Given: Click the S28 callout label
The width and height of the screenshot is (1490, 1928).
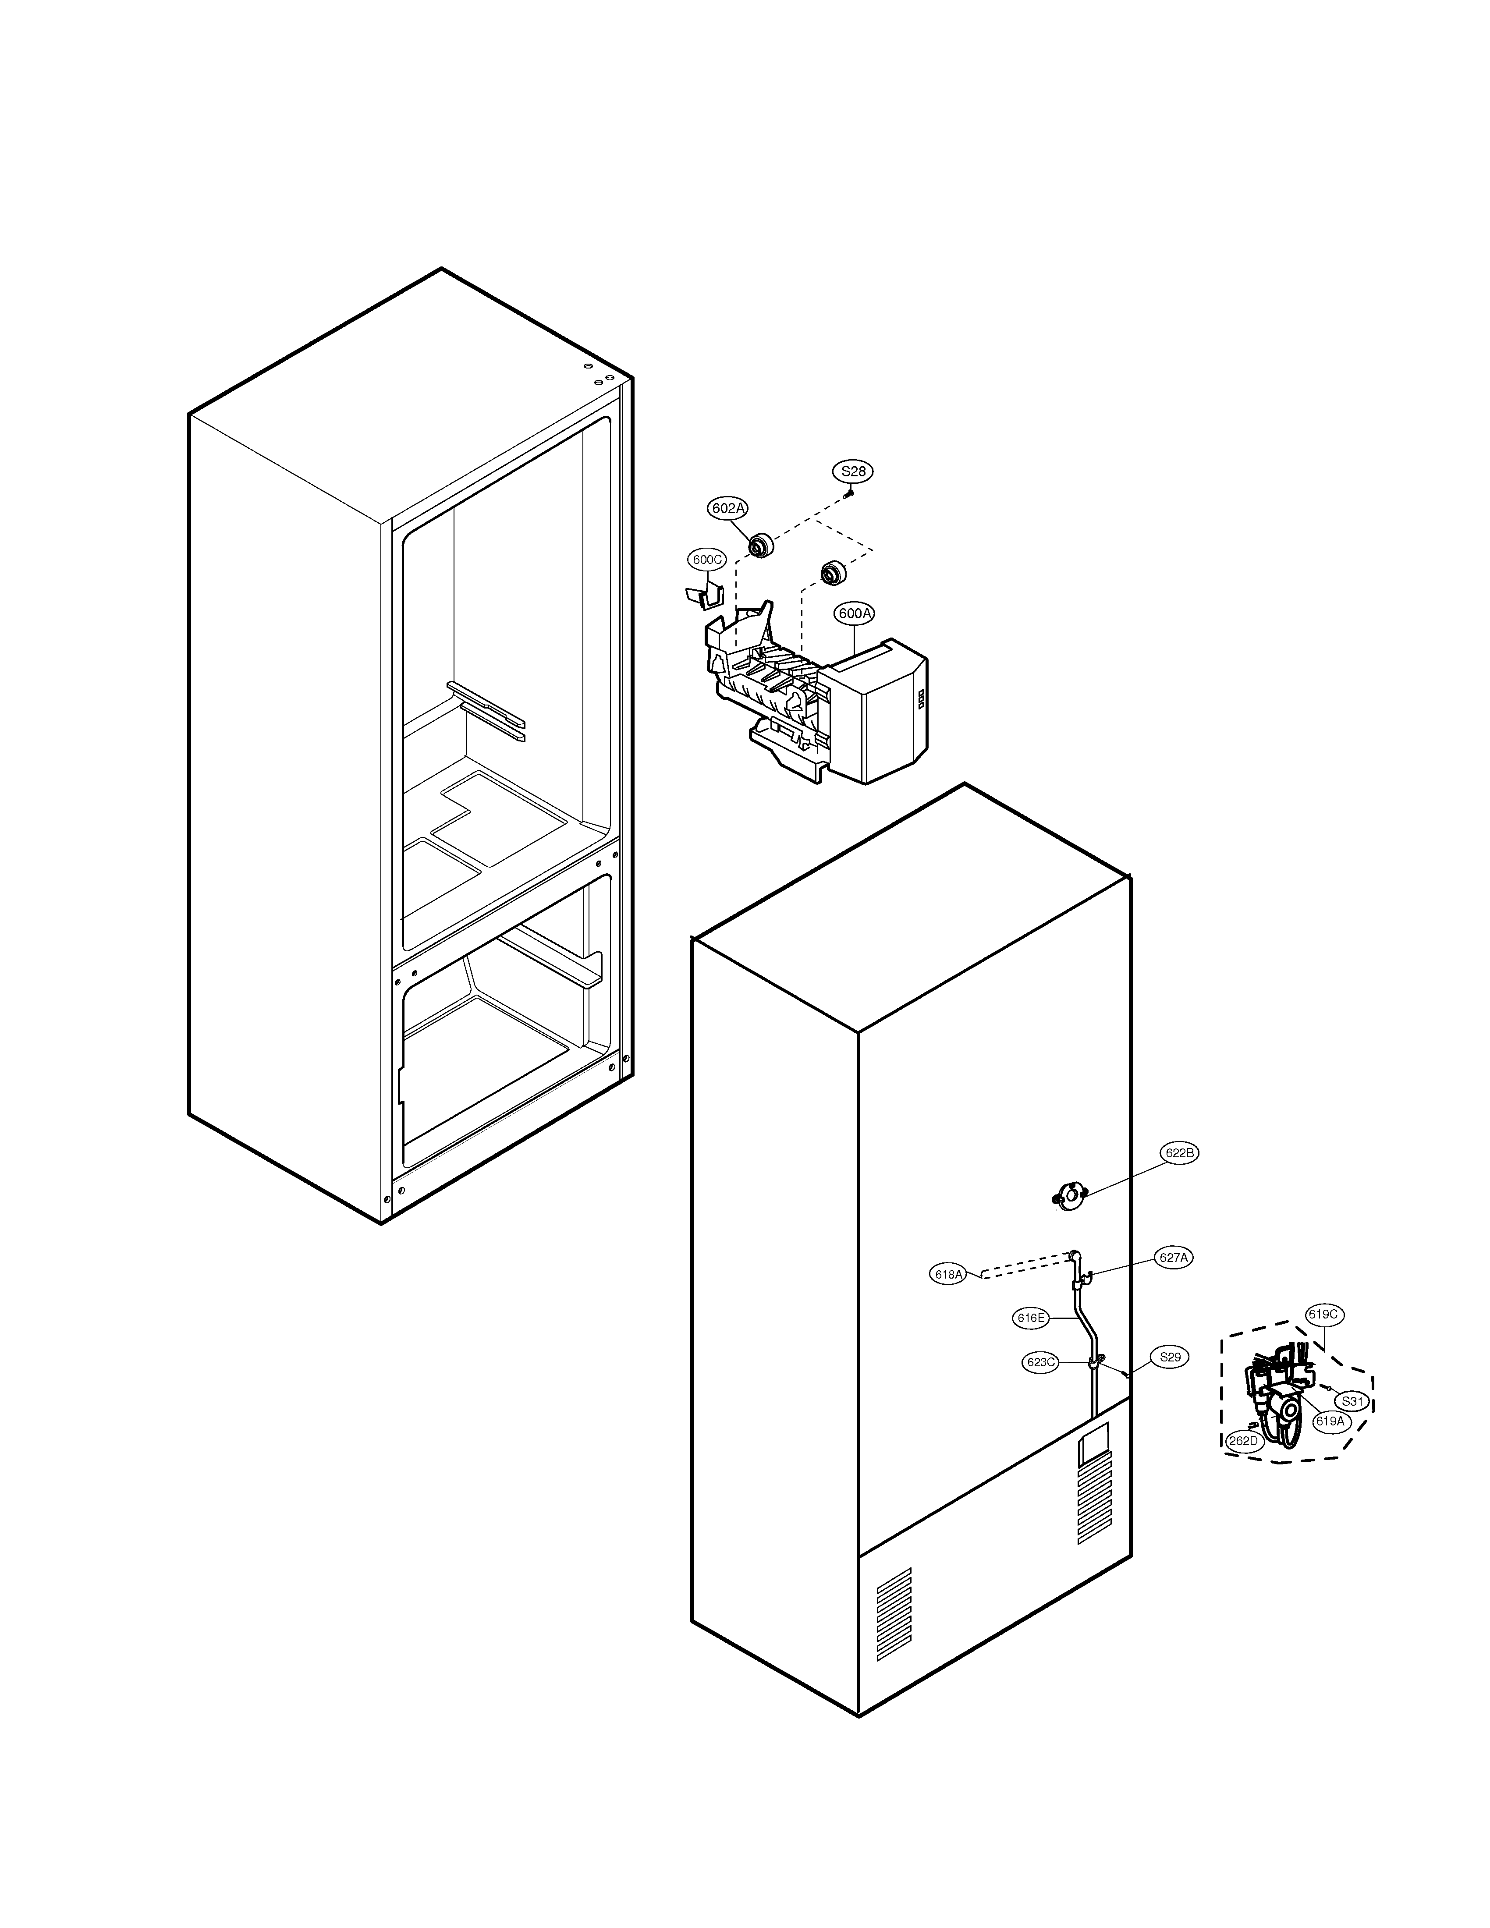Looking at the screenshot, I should (853, 471).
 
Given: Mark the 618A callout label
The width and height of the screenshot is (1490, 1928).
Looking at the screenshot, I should (948, 1274).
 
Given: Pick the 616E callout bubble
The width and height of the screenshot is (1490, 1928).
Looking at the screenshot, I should (1030, 1318).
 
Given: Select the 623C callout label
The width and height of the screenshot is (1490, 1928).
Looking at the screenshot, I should (1041, 1362).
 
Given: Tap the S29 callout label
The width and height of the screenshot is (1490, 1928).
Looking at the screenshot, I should (1170, 1357).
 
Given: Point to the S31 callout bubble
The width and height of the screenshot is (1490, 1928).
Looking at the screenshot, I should (1352, 1401).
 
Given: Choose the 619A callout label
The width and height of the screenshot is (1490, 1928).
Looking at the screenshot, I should (1329, 1421).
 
